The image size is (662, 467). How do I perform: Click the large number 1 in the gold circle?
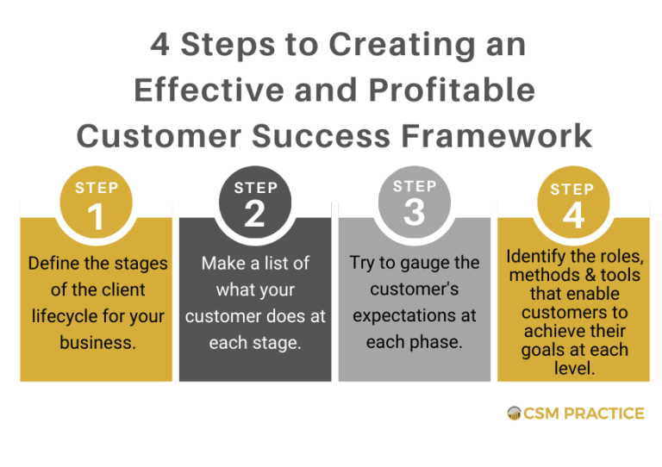pos(96,216)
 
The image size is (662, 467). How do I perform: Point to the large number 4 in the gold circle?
pos(573,216)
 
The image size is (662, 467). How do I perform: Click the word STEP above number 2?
pos(255,188)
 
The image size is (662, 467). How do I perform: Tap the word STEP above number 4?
pos(572,189)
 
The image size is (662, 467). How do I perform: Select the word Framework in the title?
pos(510,135)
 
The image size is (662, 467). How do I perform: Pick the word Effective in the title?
pos(203,90)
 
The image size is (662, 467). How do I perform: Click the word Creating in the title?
pos(388,45)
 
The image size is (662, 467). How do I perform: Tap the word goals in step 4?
pos(542,351)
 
